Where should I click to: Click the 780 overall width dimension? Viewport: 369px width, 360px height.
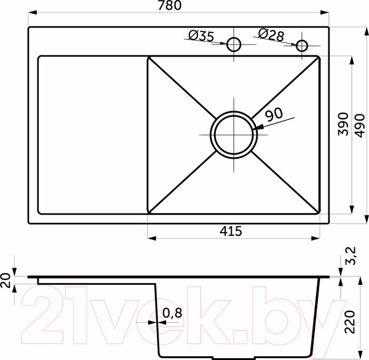click(x=170, y=5)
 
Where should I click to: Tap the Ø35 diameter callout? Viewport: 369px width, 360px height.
click(x=202, y=36)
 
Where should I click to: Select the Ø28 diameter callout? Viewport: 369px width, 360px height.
click(x=271, y=34)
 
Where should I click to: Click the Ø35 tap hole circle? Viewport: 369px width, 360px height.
click(x=234, y=44)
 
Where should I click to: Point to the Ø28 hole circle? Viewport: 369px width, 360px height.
click(x=302, y=46)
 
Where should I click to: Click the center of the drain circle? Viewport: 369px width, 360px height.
click(x=234, y=135)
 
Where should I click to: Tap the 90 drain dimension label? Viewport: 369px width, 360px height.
click(x=274, y=114)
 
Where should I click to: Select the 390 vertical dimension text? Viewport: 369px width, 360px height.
click(x=343, y=124)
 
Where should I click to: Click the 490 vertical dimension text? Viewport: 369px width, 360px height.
click(x=359, y=126)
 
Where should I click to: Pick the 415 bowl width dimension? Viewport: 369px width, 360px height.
click(x=231, y=231)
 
